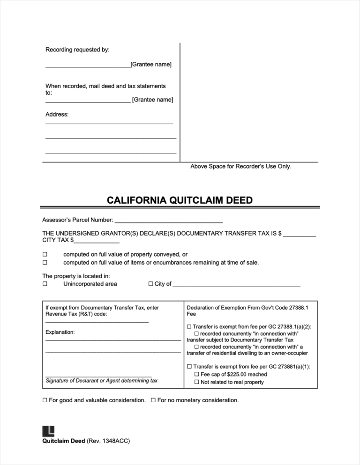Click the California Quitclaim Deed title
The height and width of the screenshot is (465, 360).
point(180,200)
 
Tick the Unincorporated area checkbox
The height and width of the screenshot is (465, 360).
point(45,284)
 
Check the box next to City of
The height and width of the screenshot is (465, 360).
point(150,284)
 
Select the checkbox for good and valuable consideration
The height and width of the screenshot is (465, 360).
point(45,400)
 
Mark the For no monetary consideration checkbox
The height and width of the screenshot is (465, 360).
point(153,400)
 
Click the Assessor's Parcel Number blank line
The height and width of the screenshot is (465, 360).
point(168,221)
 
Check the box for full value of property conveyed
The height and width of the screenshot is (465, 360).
point(45,254)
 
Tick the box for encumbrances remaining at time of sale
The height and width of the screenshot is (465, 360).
point(45,262)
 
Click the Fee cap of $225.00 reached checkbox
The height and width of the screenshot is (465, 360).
point(197,375)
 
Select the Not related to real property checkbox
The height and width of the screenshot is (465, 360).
point(197,382)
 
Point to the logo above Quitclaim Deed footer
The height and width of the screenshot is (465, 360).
point(48,431)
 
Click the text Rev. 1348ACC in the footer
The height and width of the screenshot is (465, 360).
point(108,441)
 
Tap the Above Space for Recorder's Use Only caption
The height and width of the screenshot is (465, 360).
point(241,166)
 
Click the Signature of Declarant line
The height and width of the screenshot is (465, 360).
point(98,376)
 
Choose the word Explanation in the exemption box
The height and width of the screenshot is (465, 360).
point(60,332)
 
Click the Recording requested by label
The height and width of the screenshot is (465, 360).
point(77,50)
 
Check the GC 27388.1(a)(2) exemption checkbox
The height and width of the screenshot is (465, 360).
point(189,326)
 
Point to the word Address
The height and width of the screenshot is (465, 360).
point(57,114)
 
